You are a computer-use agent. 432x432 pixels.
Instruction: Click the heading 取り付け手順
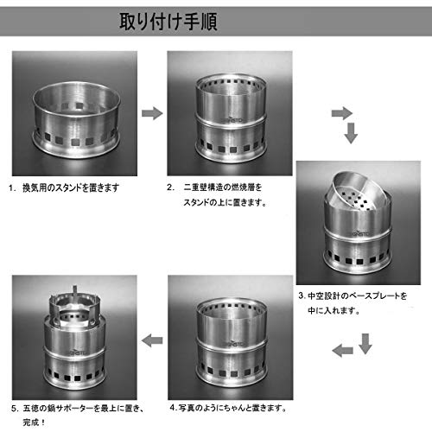tap(168, 22)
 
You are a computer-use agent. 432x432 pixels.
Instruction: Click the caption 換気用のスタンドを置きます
tap(71, 187)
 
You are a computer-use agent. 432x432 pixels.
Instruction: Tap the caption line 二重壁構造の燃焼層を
tap(223, 187)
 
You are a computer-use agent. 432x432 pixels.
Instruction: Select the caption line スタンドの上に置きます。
tap(225, 202)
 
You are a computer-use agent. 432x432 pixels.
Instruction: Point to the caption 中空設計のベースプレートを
tap(357, 295)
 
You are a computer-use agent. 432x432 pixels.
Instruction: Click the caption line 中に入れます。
tap(334, 311)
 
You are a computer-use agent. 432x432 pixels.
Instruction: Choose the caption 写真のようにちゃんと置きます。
tap(232, 408)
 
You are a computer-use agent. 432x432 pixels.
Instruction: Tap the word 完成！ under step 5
tap(34, 422)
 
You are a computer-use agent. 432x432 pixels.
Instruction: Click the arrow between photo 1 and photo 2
tap(152, 113)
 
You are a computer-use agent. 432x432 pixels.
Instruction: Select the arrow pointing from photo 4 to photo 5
tap(152, 340)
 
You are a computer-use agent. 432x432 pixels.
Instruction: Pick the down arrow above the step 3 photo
tap(351, 133)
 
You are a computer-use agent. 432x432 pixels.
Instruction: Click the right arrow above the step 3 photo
tap(342, 113)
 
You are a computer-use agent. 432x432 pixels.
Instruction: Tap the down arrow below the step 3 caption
tap(365, 344)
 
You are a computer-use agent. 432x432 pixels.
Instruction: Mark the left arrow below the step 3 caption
tap(342, 351)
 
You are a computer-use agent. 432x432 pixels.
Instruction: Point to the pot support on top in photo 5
tap(75, 306)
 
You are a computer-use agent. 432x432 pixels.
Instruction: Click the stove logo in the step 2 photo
tap(232, 120)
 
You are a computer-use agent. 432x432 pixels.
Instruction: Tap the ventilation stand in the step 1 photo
tap(76, 119)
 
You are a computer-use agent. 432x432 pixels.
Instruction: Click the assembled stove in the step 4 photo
tap(231, 342)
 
